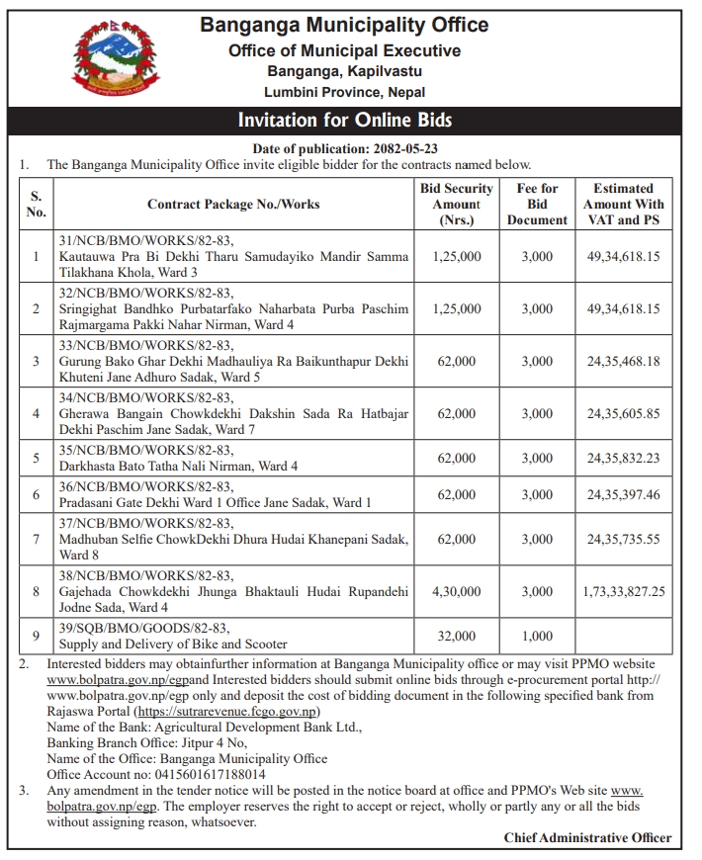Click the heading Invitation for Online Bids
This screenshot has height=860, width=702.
344,121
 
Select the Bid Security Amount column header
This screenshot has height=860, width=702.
456,204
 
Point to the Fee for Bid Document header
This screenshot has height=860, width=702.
537,204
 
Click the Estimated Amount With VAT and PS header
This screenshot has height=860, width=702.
623,204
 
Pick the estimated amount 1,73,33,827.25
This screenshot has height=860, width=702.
623,591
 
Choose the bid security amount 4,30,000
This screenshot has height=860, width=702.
456,591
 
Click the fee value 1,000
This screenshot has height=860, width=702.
537,637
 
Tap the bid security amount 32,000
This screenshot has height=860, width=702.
456,637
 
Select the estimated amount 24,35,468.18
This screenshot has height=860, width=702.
623,361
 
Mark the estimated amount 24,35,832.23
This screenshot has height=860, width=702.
623,458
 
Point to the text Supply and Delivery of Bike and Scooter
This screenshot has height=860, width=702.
173,645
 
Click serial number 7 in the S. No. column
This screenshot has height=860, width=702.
36,540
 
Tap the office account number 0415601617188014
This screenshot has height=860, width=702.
202,774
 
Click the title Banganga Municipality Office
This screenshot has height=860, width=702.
344,25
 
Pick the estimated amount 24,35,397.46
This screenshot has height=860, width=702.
623,494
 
